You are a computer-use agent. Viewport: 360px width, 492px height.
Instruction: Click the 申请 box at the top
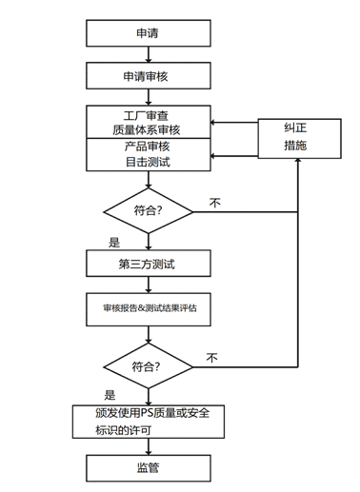click(x=147, y=33)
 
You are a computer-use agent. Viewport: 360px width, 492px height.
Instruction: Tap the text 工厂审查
click(x=147, y=114)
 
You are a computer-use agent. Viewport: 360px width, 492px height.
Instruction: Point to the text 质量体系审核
click(x=147, y=129)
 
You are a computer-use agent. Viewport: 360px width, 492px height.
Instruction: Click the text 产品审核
click(x=147, y=147)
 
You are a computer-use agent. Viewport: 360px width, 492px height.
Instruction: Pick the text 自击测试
click(x=147, y=162)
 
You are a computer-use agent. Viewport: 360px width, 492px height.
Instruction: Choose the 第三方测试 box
click(x=147, y=263)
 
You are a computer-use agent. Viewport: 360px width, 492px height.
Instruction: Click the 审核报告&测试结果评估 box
click(x=147, y=309)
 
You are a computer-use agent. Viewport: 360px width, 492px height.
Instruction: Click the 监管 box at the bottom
click(x=147, y=468)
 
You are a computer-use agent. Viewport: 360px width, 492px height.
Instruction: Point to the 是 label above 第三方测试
click(x=114, y=242)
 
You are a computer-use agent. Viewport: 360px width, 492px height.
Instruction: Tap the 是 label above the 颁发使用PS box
click(x=110, y=394)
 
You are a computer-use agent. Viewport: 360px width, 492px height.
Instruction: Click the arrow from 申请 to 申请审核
click(x=147, y=54)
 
